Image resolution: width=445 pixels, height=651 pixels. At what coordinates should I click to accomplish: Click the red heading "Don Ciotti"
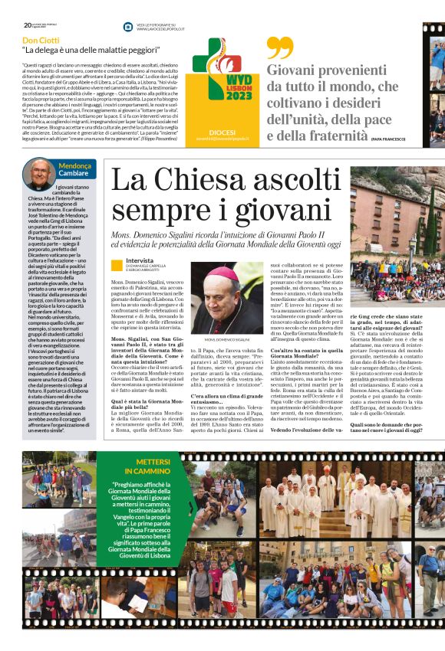click(41, 40)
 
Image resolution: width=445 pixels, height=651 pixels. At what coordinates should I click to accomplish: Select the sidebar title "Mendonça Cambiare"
click(77, 168)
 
